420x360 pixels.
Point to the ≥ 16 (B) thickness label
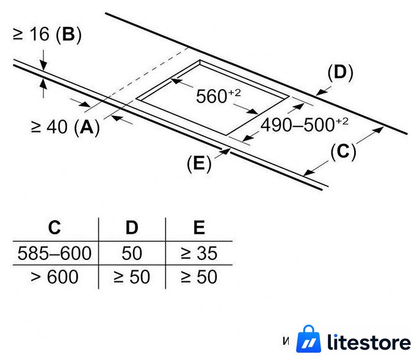pyautogui.click(x=47, y=34)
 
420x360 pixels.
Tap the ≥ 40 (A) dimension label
pyautogui.click(x=65, y=127)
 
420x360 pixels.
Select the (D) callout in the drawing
pyautogui.click(x=340, y=72)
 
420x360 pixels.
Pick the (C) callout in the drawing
pyautogui.click(x=343, y=152)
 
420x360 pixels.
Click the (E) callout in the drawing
pyautogui.click(x=199, y=163)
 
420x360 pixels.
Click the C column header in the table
pyautogui.click(x=55, y=228)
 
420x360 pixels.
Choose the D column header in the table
pyautogui.click(x=132, y=228)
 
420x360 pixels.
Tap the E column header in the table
pyautogui.click(x=199, y=228)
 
